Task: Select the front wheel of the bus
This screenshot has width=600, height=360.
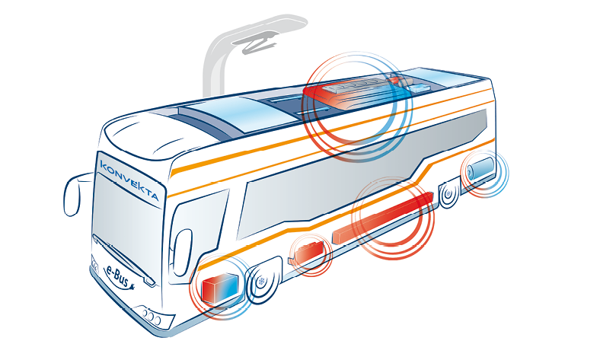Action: pos(262,282)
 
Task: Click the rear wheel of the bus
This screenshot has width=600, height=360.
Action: pos(448,194)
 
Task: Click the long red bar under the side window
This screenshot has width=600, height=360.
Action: pos(383,218)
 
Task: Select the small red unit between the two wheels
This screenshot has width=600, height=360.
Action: pos(308,252)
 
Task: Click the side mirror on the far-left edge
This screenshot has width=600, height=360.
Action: pos(74,195)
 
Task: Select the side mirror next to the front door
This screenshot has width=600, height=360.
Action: pos(183,250)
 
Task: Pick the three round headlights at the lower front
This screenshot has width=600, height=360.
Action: pos(152,317)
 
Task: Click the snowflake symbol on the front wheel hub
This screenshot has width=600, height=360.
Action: pos(262,282)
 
